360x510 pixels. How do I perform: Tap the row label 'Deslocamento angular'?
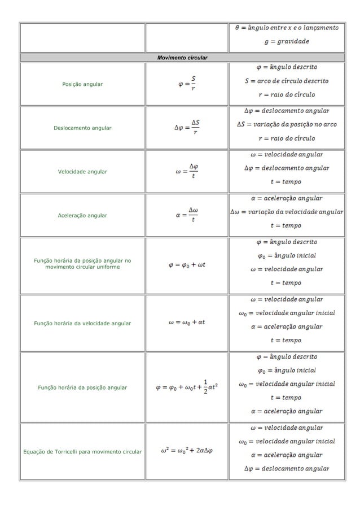click(82, 128)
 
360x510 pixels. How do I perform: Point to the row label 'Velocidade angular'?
click(82, 171)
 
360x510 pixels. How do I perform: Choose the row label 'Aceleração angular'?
click(82, 215)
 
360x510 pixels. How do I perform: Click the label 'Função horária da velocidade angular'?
click(82, 323)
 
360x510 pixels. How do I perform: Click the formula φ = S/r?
click(186, 84)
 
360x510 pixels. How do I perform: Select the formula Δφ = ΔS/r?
click(186, 128)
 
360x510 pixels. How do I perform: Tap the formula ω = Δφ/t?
click(186, 171)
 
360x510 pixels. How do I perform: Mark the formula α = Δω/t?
click(186, 215)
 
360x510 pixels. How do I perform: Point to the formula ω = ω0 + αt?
click(186, 323)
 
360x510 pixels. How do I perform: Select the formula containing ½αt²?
click(187, 387)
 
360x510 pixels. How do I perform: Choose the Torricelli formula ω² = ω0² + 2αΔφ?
click(186, 451)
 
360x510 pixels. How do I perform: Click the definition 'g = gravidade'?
click(287, 41)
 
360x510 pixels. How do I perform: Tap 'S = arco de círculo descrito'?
click(287, 81)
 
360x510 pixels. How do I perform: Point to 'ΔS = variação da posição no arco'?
click(287, 124)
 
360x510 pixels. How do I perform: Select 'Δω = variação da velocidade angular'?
click(287, 212)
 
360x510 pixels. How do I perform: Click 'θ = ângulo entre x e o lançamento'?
click(287, 27)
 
